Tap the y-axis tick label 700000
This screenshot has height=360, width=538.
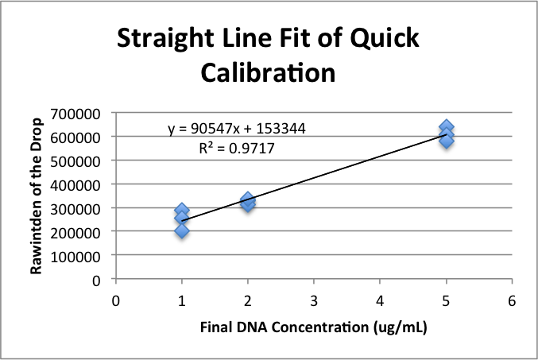(x=78, y=113)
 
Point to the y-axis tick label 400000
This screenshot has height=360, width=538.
(x=78, y=184)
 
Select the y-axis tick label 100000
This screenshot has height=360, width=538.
(x=78, y=256)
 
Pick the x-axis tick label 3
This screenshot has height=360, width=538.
(x=314, y=301)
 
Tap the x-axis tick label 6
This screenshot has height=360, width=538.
(x=512, y=301)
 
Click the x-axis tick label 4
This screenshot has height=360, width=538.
(x=380, y=301)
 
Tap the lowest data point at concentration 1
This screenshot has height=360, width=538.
(x=182, y=230)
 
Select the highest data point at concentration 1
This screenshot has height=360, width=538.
(x=182, y=211)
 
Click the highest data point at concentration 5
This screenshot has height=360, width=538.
(x=447, y=127)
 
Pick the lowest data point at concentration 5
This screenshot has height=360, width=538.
(x=447, y=141)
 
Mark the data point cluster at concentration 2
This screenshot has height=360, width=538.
(x=248, y=202)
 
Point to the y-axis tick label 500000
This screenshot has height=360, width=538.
(x=78, y=161)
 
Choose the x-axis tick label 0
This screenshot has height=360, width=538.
(x=116, y=301)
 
